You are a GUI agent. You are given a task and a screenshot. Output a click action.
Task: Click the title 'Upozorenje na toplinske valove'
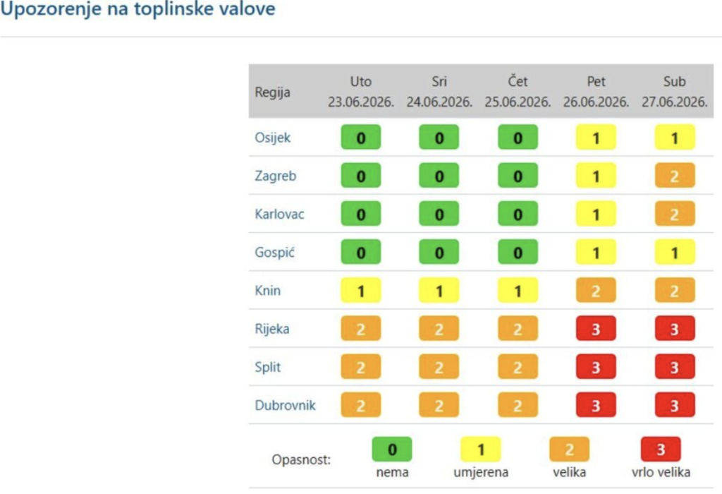pyautogui.click(x=137, y=9)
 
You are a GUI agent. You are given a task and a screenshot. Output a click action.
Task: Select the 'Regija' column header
pyautogui.click(x=273, y=92)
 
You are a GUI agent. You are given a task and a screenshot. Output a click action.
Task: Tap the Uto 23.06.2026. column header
pyautogui.click(x=361, y=91)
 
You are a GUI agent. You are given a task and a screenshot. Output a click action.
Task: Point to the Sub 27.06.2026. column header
pyautogui.click(x=675, y=91)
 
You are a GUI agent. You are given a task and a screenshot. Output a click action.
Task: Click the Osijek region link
pyautogui.click(x=273, y=138)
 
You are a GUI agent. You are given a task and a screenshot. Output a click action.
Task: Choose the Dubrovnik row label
pyautogui.click(x=285, y=405)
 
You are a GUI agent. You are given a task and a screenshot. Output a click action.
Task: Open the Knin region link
pyautogui.click(x=267, y=290)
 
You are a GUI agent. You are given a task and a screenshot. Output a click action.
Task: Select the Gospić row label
pyautogui.click(x=274, y=252)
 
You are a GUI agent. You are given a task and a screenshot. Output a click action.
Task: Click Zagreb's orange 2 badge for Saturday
pyautogui.click(x=675, y=176)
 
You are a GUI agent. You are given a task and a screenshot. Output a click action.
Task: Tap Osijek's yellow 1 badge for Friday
pyautogui.click(x=596, y=138)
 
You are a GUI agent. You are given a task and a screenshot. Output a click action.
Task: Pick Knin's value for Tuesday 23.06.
pyautogui.click(x=361, y=290)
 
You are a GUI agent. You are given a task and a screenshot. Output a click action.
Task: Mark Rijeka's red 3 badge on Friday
pyautogui.click(x=596, y=329)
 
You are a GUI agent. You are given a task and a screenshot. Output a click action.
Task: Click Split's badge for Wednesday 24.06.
pyautogui.click(x=439, y=367)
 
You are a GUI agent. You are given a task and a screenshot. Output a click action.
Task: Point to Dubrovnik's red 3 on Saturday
pyautogui.click(x=675, y=405)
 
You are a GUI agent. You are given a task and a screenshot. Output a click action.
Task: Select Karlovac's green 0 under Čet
pyautogui.click(x=518, y=214)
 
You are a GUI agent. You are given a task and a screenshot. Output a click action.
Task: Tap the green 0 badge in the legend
pyautogui.click(x=392, y=450)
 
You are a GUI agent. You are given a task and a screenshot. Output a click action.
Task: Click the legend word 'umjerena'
pyautogui.click(x=481, y=472)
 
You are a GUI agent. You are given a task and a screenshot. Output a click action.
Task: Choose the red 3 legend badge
pyautogui.click(x=661, y=450)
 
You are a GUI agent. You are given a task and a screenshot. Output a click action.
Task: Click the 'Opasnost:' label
pyautogui.click(x=301, y=459)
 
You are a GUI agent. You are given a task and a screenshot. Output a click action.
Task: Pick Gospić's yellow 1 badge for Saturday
pyautogui.click(x=675, y=252)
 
